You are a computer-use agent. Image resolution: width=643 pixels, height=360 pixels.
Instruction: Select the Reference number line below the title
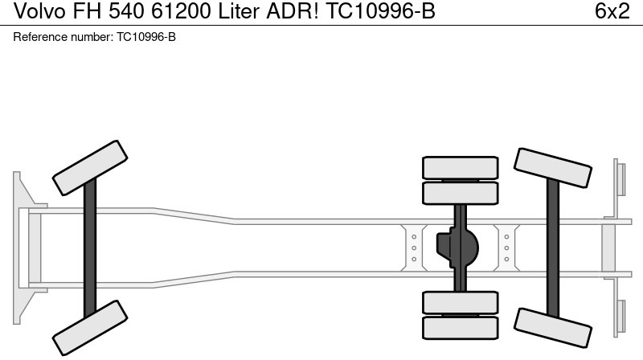(95, 38)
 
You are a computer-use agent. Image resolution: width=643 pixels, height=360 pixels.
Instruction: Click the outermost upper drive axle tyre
(461, 167)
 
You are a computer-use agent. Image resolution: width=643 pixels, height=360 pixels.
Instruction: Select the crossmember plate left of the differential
(413, 247)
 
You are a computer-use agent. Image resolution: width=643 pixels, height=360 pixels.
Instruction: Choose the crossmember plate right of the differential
(506, 247)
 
